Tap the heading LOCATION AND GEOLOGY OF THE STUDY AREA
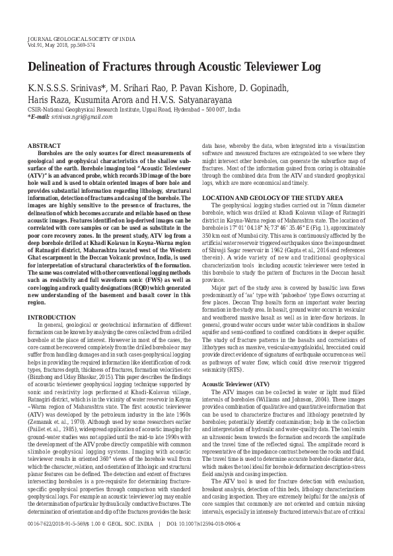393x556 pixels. [x=272, y=198]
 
